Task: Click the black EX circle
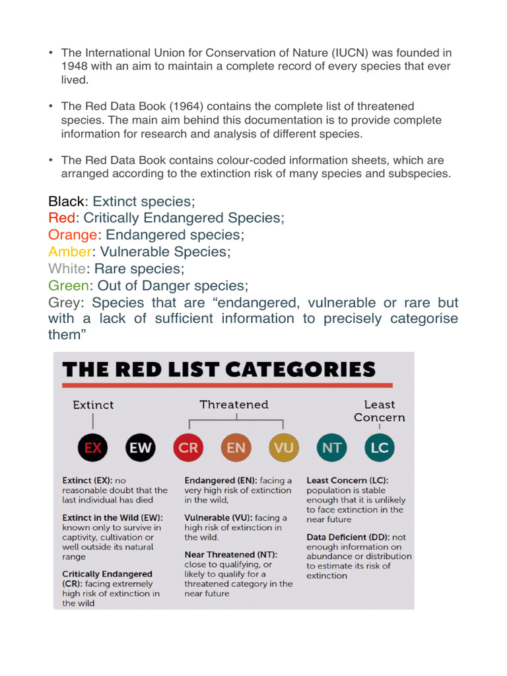click(93, 448)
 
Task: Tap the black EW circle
click(141, 448)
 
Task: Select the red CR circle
click(188, 448)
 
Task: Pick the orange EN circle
click(236, 448)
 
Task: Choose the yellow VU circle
click(284, 448)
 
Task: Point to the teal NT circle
click(332, 448)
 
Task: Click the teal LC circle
click(380, 448)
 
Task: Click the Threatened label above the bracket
click(234, 404)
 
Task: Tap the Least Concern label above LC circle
click(379, 411)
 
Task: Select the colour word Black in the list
click(67, 201)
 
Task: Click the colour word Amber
click(70, 252)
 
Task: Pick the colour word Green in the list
click(68, 286)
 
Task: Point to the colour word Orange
click(73, 235)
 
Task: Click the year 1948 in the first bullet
click(75, 66)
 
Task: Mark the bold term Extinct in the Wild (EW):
click(112, 518)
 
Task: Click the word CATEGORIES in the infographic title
click(300, 369)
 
